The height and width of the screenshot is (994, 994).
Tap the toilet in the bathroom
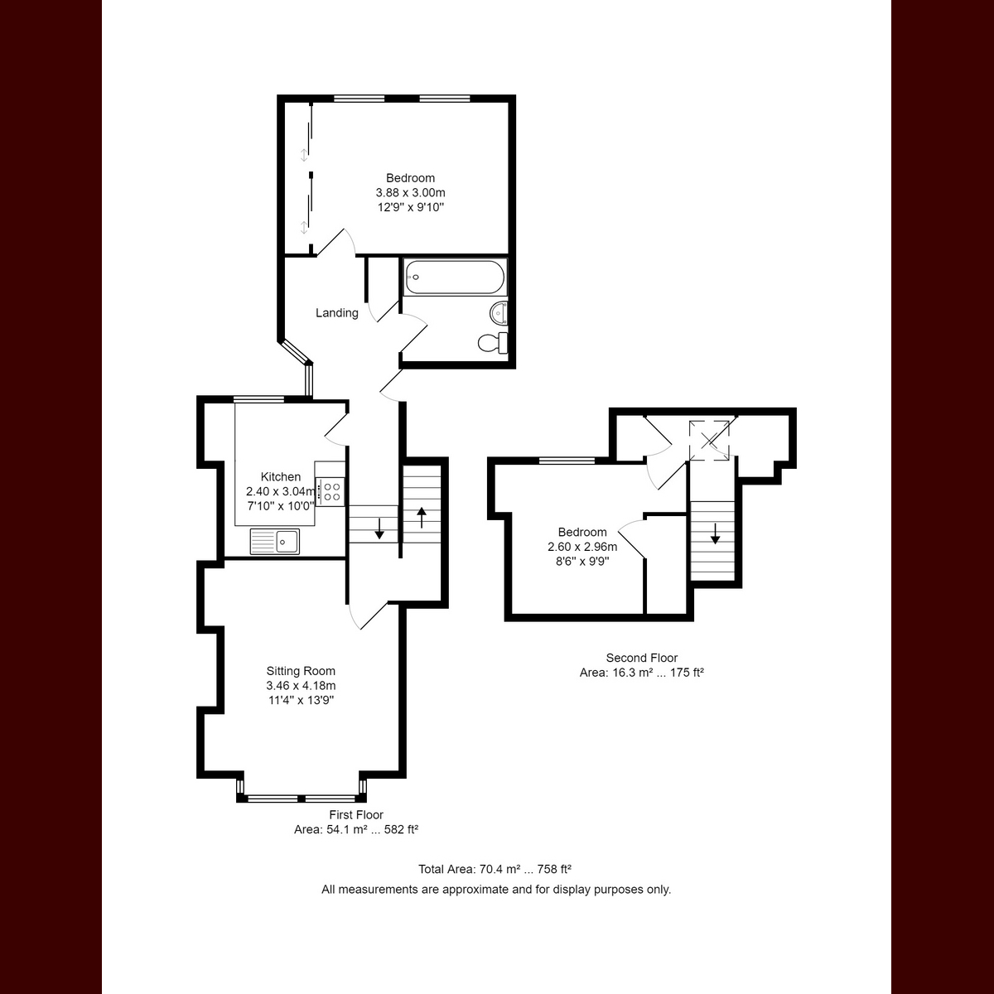click(493, 342)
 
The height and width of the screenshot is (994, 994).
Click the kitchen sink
click(287, 542)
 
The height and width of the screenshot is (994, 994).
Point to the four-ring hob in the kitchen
click(331, 491)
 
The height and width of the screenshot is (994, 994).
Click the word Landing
click(337, 313)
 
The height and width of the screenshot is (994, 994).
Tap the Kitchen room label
click(281, 477)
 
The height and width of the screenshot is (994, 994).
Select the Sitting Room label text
click(301, 671)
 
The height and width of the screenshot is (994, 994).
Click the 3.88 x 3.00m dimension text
click(410, 193)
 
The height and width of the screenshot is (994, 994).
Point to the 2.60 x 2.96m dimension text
click(582, 547)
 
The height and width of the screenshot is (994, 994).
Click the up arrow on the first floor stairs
click(422, 516)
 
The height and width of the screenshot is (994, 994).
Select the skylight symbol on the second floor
click(711, 439)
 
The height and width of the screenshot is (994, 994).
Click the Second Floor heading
click(642, 658)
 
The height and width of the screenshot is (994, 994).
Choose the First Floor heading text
click(356, 815)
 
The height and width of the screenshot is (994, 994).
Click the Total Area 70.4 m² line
click(495, 870)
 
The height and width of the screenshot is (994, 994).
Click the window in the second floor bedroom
click(567, 461)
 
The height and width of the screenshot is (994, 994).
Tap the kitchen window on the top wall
click(258, 400)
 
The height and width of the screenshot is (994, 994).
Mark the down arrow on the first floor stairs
click(379, 528)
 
